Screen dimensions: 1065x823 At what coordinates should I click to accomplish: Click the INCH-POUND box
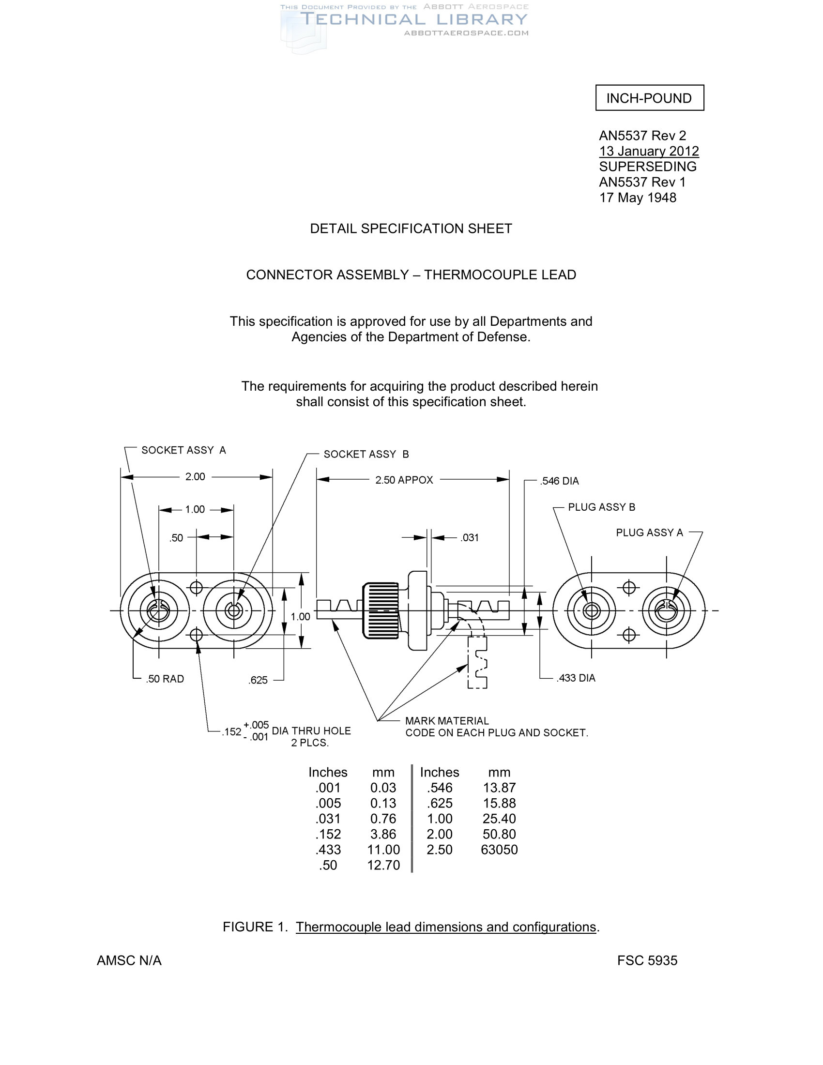(649, 98)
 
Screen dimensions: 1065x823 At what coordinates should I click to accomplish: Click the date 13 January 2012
(648, 151)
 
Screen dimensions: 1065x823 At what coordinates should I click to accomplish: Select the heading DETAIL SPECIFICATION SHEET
(411, 228)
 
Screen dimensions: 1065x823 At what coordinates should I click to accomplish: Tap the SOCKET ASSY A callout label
(183, 450)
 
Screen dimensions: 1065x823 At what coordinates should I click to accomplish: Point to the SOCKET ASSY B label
(366, 455)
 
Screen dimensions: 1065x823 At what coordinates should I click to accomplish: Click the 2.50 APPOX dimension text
(404, 480)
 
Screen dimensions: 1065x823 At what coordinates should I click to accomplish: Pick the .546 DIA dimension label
(559, 481)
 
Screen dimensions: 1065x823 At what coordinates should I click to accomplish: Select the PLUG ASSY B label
(601, 507)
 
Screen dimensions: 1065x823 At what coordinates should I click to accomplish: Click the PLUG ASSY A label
(649, 532)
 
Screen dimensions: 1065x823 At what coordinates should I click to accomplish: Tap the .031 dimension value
(470, 538)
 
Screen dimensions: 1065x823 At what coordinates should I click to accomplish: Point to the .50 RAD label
(165, 679)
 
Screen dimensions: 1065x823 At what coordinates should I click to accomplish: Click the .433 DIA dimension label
(576, 678)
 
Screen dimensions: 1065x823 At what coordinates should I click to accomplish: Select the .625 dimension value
(258, 680)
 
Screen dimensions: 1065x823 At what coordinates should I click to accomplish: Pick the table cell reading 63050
(499, 850)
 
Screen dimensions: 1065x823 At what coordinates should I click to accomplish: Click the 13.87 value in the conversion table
(499, 788)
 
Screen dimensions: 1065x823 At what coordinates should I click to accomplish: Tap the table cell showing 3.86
(383, 834)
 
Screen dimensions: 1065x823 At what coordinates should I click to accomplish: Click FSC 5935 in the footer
(647, 960)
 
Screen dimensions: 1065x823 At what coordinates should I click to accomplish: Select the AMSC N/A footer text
(129, 960)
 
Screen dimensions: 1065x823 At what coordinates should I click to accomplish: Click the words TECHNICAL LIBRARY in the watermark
(414, 19)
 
